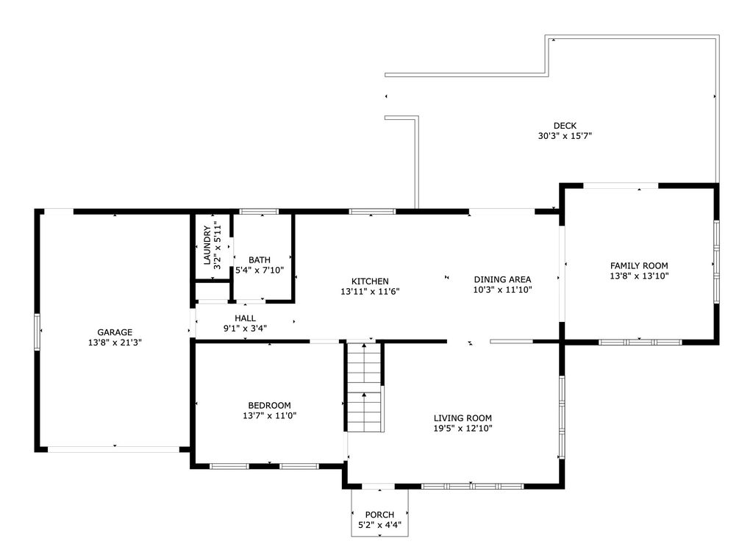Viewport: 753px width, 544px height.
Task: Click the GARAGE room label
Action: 115,332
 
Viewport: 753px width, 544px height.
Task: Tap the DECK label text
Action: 565,126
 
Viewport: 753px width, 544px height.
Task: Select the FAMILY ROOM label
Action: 639,265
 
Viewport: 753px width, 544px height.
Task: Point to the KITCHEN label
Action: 370,282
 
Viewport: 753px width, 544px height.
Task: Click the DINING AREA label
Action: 502,279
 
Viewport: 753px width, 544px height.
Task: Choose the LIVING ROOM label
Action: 463,418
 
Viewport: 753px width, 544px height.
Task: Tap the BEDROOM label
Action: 269,405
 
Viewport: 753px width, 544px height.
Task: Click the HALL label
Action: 245,318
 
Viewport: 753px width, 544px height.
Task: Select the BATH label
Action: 260,260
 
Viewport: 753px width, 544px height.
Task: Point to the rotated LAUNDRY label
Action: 207,246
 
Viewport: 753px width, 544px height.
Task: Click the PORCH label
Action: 379,515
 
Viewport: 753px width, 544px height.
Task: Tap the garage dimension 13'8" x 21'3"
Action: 115,343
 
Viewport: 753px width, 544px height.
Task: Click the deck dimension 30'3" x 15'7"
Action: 565,136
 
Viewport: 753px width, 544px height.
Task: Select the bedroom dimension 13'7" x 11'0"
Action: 269,415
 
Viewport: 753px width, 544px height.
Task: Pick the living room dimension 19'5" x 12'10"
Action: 463,429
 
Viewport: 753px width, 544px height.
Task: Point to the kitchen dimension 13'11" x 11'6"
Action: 370,291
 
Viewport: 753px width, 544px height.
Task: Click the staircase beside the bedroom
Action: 365,387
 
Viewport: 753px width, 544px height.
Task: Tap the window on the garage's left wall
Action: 37,332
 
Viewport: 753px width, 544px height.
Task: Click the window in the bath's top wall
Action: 259,211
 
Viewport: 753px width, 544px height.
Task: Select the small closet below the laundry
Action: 212,291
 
